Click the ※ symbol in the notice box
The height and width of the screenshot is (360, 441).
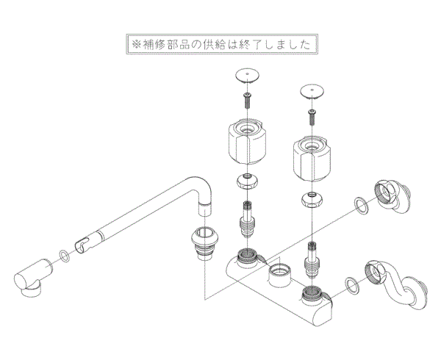point(135,44)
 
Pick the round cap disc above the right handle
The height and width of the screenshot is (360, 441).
point(314,91)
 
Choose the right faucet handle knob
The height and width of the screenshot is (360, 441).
point(315,158)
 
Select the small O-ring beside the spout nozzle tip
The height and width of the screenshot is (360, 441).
point(64,256)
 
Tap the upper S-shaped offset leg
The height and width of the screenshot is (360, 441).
point(395,197)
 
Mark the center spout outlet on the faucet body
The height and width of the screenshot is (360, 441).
point(280,278)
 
